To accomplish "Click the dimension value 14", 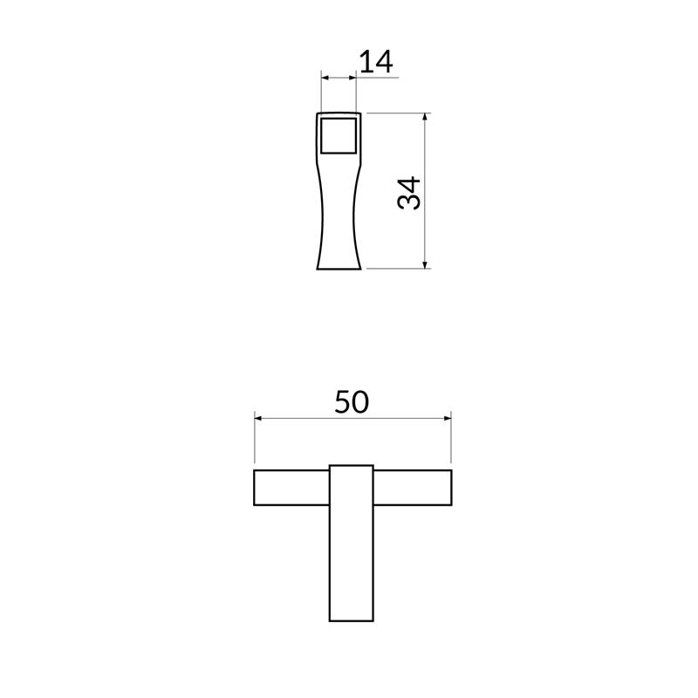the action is [x=376, y=61].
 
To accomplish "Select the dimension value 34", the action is [x=409, y=193].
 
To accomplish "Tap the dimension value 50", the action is [x=352, y=401].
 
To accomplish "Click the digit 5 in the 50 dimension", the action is [x=343, y=401].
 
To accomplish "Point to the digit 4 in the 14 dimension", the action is [x=385, y=61].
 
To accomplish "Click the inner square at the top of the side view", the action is [x=339, y=136].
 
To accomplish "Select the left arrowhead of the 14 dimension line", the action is [x=325, y=78].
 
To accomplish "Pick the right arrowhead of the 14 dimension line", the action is [x=353, y=78].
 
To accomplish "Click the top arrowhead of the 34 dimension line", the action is [x=425, y=117].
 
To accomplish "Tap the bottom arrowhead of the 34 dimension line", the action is [x=425, y=264].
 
